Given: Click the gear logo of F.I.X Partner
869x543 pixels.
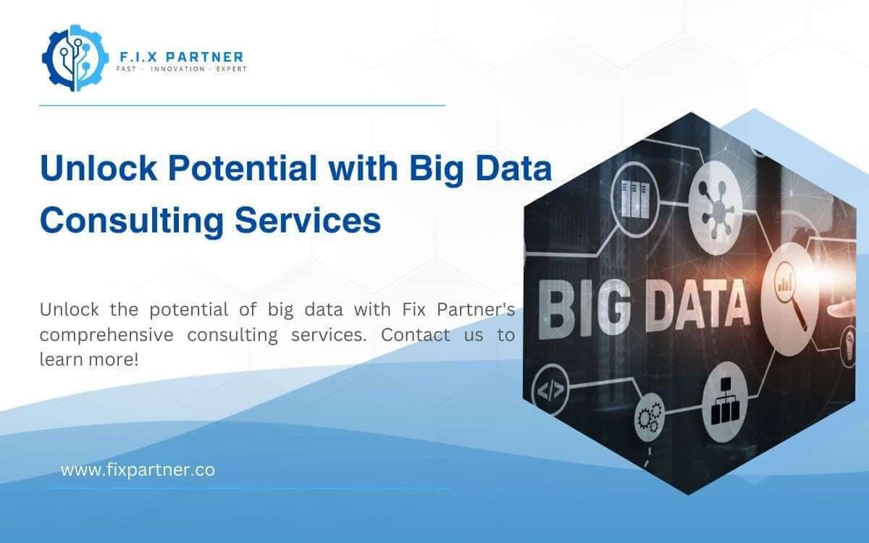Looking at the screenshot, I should (x=70, y=57).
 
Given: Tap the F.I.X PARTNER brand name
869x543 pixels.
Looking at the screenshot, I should (x=180, y=56).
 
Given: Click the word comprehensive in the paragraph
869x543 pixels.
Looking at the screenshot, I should (x=106, y=335).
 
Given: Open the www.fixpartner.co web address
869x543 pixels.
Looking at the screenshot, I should (x=138, y=470).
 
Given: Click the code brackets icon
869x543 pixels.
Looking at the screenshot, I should (x=551, y=392).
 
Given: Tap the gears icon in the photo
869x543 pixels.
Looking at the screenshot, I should (x=649, y=417).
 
